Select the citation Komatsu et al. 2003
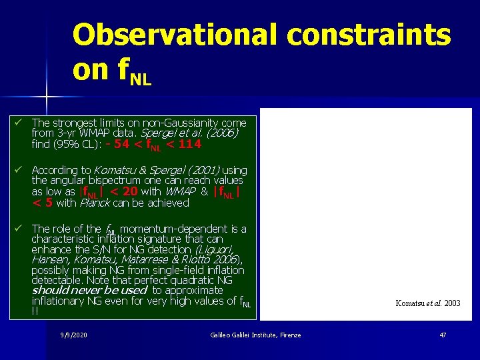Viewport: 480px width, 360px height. (427, 303)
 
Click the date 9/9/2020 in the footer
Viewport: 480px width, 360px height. (74, 335)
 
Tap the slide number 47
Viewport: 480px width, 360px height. (443, 335)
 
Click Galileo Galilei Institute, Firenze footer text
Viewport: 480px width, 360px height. (255, 335)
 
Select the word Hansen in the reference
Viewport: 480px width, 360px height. (51, 259)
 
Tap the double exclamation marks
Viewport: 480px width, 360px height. (35, 311)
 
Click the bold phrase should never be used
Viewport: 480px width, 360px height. (89, 291)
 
